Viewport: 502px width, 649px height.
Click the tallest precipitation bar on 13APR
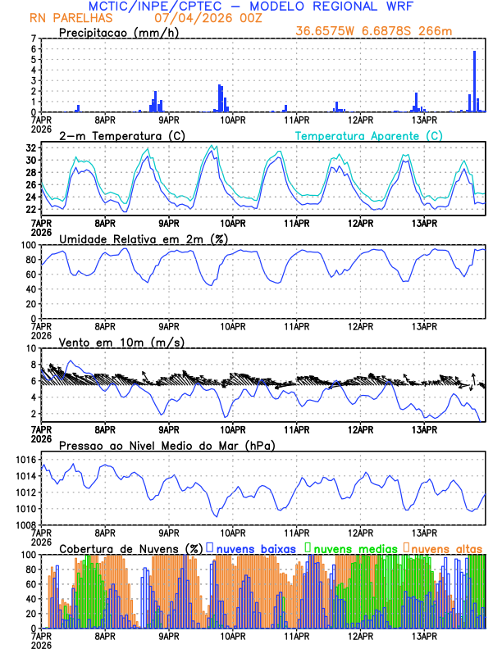pyautogui.click(x=475, y=82)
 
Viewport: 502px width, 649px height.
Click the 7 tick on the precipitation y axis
pyautogui.click(x=33, y=39)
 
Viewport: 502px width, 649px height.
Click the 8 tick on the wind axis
pyautogui.click(x=33, y=348)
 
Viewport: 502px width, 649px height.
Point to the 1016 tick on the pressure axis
pyautogui.click(x=25, y=460)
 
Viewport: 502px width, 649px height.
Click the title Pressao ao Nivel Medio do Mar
pyautogui.click(x=167, y=446)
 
